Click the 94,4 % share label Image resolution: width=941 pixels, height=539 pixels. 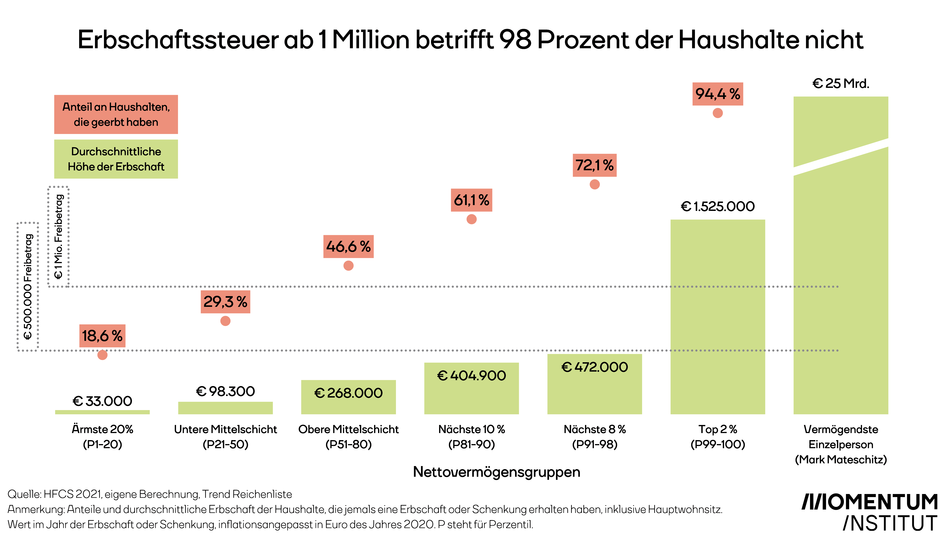coord(717,94)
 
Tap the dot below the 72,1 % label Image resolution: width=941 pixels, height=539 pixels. coord(594,184)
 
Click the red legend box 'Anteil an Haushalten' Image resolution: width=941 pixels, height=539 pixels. coord(116,114)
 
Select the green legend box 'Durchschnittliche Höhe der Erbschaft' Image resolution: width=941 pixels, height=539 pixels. coord(116,159)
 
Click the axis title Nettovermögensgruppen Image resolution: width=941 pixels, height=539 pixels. coord(496,472)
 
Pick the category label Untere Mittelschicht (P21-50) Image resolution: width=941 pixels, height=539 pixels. coord(225,437)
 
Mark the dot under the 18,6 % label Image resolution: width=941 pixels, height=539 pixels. coord(102,355)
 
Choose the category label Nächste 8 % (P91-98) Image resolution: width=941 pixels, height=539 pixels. coord(594,437)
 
